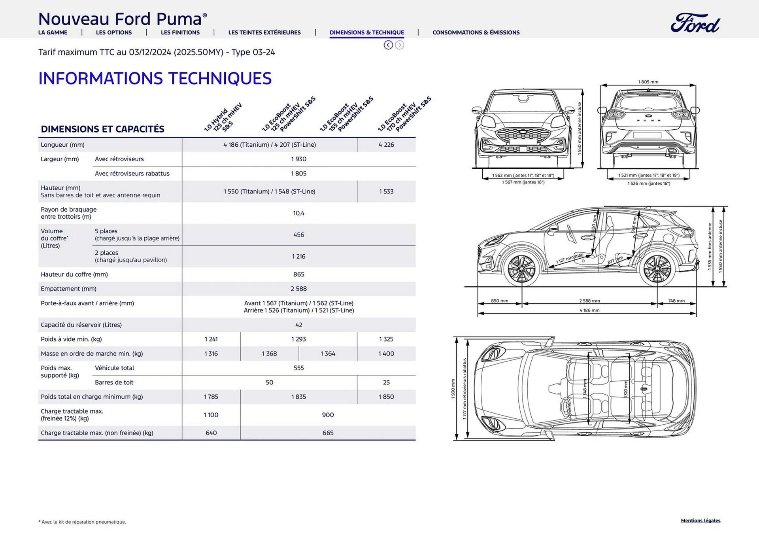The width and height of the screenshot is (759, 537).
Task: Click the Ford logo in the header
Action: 695,23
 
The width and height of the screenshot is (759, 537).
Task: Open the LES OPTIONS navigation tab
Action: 114,32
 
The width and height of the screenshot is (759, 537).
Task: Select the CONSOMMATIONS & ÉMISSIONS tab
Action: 476,32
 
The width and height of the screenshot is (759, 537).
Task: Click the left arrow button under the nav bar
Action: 388,45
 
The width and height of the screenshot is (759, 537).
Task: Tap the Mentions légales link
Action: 700,520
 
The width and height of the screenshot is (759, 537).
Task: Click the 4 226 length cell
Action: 386,145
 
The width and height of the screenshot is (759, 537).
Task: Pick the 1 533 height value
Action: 386,191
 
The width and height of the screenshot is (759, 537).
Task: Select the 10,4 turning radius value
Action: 299,213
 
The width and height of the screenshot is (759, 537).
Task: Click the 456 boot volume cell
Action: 299,235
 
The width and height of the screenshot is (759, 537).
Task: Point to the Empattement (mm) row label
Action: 68,289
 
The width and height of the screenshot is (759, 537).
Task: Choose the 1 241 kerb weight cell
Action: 211,339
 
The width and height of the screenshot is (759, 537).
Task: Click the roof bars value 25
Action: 386,382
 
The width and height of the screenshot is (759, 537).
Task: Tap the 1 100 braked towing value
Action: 211,415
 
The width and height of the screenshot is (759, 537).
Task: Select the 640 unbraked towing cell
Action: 211,433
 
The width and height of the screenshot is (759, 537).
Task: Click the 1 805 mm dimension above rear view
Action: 648,82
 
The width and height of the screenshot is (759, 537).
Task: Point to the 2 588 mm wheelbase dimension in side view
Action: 589,301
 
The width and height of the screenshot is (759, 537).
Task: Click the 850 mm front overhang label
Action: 500,301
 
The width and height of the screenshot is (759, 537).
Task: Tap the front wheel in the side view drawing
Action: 522,269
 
